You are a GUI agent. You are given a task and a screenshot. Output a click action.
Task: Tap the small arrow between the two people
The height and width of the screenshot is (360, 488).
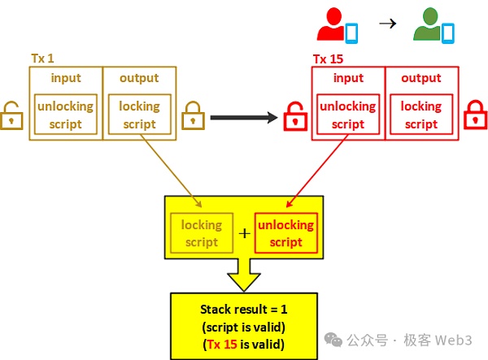387,24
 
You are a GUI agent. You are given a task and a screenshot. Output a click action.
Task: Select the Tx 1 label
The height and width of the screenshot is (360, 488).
41,60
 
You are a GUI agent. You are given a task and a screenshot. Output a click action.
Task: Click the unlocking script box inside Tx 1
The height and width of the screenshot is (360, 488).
65,115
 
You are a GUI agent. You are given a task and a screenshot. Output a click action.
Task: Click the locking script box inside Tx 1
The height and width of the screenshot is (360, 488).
138,115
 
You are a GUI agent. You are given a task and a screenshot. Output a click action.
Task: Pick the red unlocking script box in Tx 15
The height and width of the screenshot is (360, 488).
348,115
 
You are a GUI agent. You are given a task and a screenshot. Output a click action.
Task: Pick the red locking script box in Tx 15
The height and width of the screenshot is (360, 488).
420,115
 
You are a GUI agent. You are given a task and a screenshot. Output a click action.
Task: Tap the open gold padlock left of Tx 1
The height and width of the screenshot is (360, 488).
11,115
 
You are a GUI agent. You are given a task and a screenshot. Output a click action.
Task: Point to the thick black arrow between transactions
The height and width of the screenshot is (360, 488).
243,118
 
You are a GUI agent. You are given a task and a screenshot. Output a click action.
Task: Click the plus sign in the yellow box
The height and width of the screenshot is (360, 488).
244,234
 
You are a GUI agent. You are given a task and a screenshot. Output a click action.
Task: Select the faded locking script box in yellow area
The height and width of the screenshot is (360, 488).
201,233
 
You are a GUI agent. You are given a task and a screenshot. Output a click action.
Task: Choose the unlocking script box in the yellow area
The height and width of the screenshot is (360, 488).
285,233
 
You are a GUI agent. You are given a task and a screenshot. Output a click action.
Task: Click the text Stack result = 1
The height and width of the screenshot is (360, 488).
244,310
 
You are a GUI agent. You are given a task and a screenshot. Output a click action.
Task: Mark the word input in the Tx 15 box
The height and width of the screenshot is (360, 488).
348,79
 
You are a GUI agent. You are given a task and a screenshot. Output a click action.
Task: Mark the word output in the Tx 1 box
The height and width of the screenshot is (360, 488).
138,79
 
